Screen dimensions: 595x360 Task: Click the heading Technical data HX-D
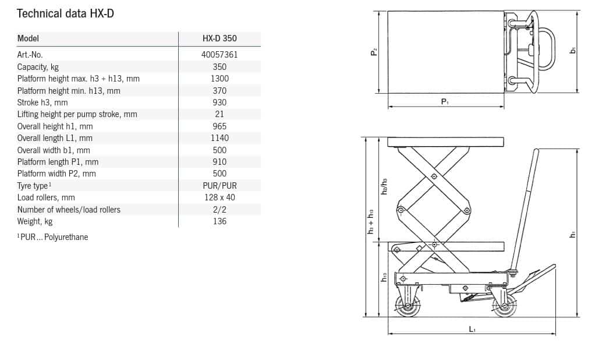pos(65,13)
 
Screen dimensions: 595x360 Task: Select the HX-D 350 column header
pos(219,38)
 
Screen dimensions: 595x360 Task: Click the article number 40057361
pos(219,55)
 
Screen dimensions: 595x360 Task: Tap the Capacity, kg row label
pos(38,67)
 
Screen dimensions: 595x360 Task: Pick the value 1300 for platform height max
pos(219,79)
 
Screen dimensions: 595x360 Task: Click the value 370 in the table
pos(219,91)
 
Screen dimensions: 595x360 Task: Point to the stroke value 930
pos(219,103)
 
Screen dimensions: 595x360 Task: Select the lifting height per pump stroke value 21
pos(219,114)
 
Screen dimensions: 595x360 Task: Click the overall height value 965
pos(219,126)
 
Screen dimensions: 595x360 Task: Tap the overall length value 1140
pos(219,138)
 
